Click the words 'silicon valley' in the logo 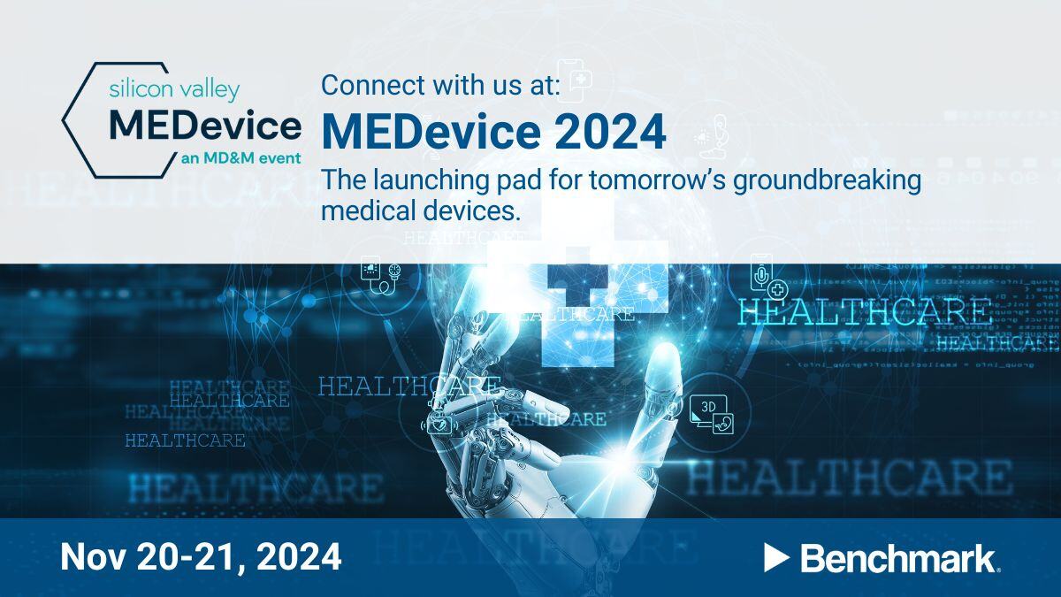pos(173,89)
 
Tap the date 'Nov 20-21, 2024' pos(201,556)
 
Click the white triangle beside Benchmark pos(776,557)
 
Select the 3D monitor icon pos(712,413)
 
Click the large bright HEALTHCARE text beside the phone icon pos(863,311)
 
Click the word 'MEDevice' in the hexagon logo pos(205,126)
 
